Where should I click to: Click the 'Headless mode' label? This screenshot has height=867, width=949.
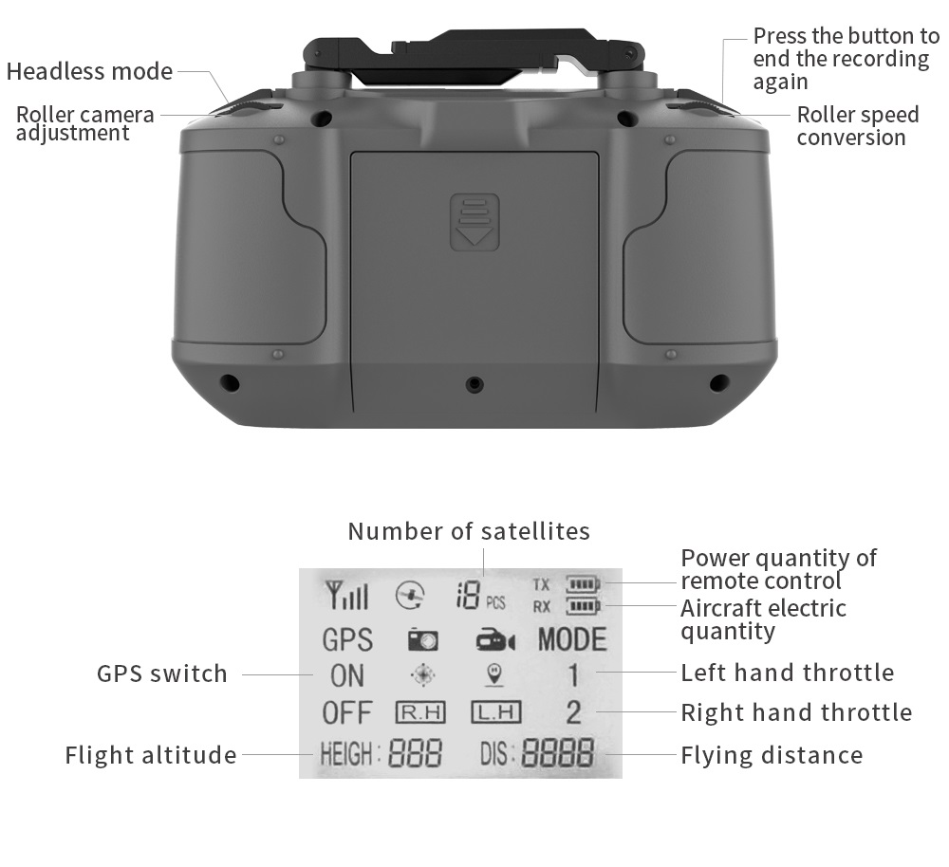pos(89,72)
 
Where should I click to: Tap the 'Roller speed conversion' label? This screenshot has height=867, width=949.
pos(857,126)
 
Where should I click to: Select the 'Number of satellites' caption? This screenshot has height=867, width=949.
pos(469,531)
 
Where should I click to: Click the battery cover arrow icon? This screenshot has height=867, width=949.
pos(474,222)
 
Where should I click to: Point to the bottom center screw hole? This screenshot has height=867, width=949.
pos(474,384)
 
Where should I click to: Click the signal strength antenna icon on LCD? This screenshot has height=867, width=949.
pos(345,596)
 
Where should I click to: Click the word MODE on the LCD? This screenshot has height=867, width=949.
pos(571,639)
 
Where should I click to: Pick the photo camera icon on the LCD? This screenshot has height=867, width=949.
pos(422,640)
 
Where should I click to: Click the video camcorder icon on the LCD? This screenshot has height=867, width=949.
pos(494,641)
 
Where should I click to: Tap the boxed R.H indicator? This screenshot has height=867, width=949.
pos(420,711)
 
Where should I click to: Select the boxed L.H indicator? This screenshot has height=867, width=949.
pos(495,711)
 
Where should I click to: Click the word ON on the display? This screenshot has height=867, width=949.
pos(346,675)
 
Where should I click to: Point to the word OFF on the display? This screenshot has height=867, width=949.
pos(346,712)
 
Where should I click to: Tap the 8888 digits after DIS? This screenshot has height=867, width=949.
pos(558,754)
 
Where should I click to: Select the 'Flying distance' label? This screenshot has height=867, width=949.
pos(772,755)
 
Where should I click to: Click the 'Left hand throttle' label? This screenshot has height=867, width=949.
pos(787,673)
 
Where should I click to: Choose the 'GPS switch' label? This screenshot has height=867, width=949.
pos(162,674)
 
